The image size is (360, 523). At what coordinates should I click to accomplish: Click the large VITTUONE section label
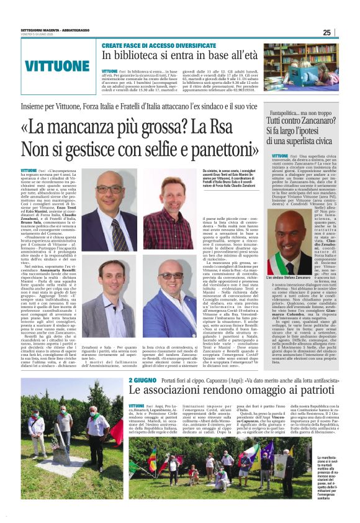(57, 66)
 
